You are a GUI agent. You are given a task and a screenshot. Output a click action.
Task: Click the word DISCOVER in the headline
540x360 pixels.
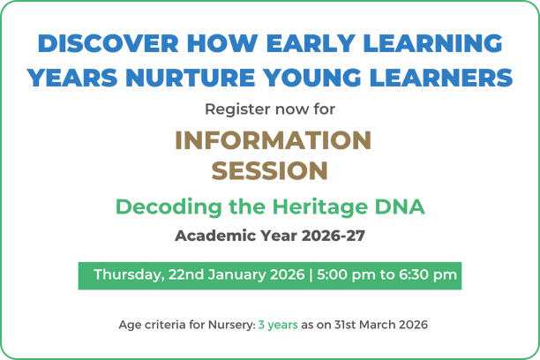pyautogui.click(x=109, y=43)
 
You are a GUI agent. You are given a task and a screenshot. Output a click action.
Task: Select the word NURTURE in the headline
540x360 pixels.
pyautogui.click(x=190, y=78)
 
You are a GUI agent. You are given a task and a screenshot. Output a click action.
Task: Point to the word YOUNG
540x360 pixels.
pyautogui.click(x=312, y=78)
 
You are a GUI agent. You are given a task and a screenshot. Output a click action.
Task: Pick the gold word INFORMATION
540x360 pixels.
pyautogui.click(x=274, y=140)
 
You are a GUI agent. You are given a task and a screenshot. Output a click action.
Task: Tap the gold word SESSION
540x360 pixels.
pyautogui.click(x=270, y=170)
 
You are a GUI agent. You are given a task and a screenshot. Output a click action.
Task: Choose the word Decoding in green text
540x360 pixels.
pyautogui.click(x=169, y=207)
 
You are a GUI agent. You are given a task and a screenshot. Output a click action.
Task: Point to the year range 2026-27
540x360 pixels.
pyautogui.click(x=333, y=236)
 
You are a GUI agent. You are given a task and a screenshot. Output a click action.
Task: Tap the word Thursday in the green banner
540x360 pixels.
pyautogui.click(x=129, y=275)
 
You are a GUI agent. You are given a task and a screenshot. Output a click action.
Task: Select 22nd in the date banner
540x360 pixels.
pyautogui.click(x=186, y=274)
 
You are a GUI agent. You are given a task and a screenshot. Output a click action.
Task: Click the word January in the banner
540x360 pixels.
pyautogui.click(x=237, y=275)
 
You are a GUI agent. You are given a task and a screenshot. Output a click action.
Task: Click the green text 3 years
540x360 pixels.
pyautogui.click(x=278, y=325)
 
